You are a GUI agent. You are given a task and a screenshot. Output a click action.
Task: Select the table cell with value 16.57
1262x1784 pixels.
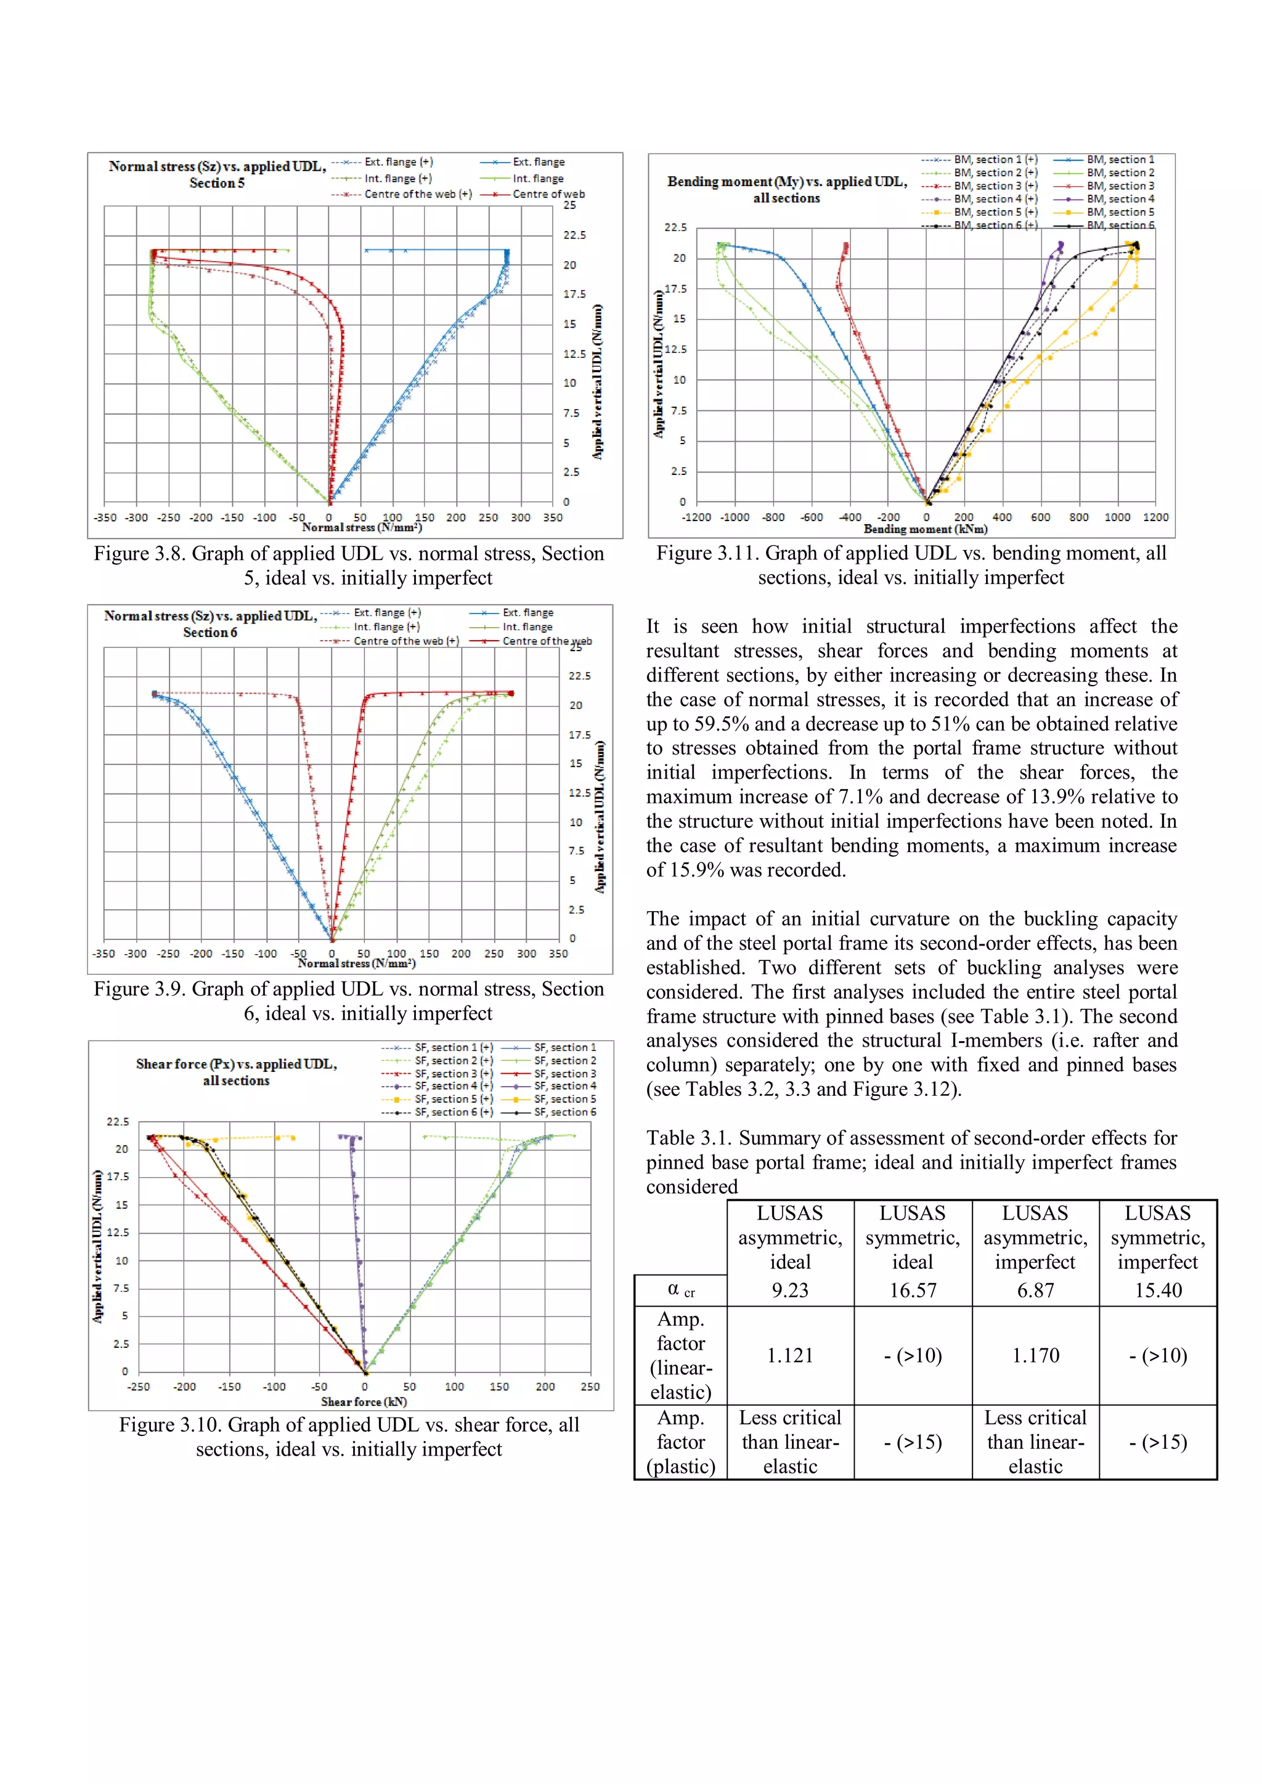pos(913,1291)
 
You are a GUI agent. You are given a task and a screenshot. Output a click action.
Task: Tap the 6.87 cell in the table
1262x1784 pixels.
pos(1035,1291)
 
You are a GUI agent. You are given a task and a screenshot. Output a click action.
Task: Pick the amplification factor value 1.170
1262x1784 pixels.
pos(1035,1356)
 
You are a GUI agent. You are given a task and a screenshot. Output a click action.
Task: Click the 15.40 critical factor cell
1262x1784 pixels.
pos(1157,1291)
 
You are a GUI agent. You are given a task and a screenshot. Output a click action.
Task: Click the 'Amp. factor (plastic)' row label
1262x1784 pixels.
pos(681,1442)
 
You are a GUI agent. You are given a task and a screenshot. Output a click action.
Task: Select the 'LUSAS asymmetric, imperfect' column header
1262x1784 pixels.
pos(1035,1237)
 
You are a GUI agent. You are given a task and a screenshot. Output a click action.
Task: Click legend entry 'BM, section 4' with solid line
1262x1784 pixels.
pos(1120,199)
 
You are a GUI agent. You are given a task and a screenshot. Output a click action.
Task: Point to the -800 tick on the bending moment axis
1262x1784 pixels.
pos(773,517)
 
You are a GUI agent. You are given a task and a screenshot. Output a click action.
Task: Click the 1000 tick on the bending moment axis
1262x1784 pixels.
pos(1117,517)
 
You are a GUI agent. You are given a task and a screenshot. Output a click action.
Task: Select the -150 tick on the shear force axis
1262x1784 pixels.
pos(229,1387)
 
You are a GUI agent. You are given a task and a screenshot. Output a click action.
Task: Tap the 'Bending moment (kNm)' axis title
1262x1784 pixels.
pos(926,529)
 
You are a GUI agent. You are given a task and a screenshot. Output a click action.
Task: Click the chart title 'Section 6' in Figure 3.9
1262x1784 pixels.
pos(210,633)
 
